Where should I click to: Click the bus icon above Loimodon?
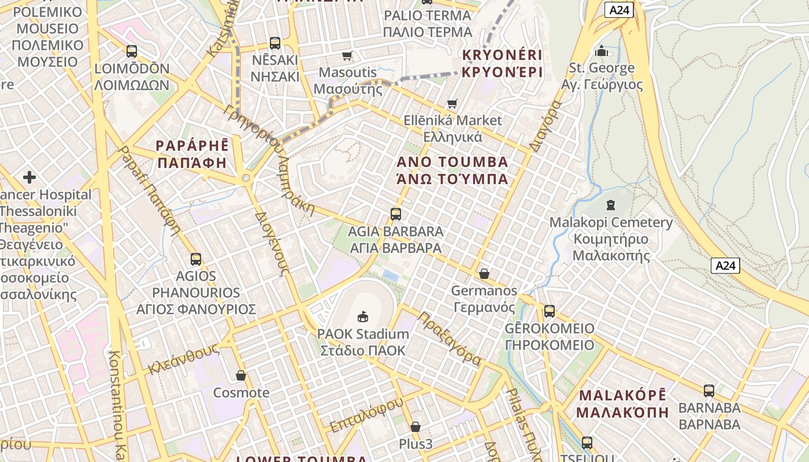(x=132, y=51)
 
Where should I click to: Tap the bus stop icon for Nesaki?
(x=275, y=43)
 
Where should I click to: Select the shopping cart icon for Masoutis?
(x=347, y=55)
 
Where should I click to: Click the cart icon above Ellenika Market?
(x=452, y=104)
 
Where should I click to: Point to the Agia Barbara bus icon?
(x=396, y=214)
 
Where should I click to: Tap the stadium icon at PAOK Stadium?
(x=363, y=316)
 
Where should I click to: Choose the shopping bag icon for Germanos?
(x=484, y=273)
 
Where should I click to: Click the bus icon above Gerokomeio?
(x=549, y=311)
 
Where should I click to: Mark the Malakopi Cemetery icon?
(x=611, y=205)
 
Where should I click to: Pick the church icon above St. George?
(x=602, y=51)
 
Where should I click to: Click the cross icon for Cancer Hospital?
(x=29, y=177)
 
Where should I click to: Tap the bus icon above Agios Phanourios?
(x=196, y=259)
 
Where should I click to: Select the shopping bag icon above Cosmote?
(x=241, y=376)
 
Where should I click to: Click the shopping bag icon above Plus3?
(x=415, y=427)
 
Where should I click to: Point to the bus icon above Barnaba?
(x=709, y=390)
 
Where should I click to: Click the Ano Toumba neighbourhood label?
(x=452, y=170)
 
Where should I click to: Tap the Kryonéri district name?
(x=502, y=64)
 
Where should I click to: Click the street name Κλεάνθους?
(x=184, y=359)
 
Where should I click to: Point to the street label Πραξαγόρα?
(x=450, y=339)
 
